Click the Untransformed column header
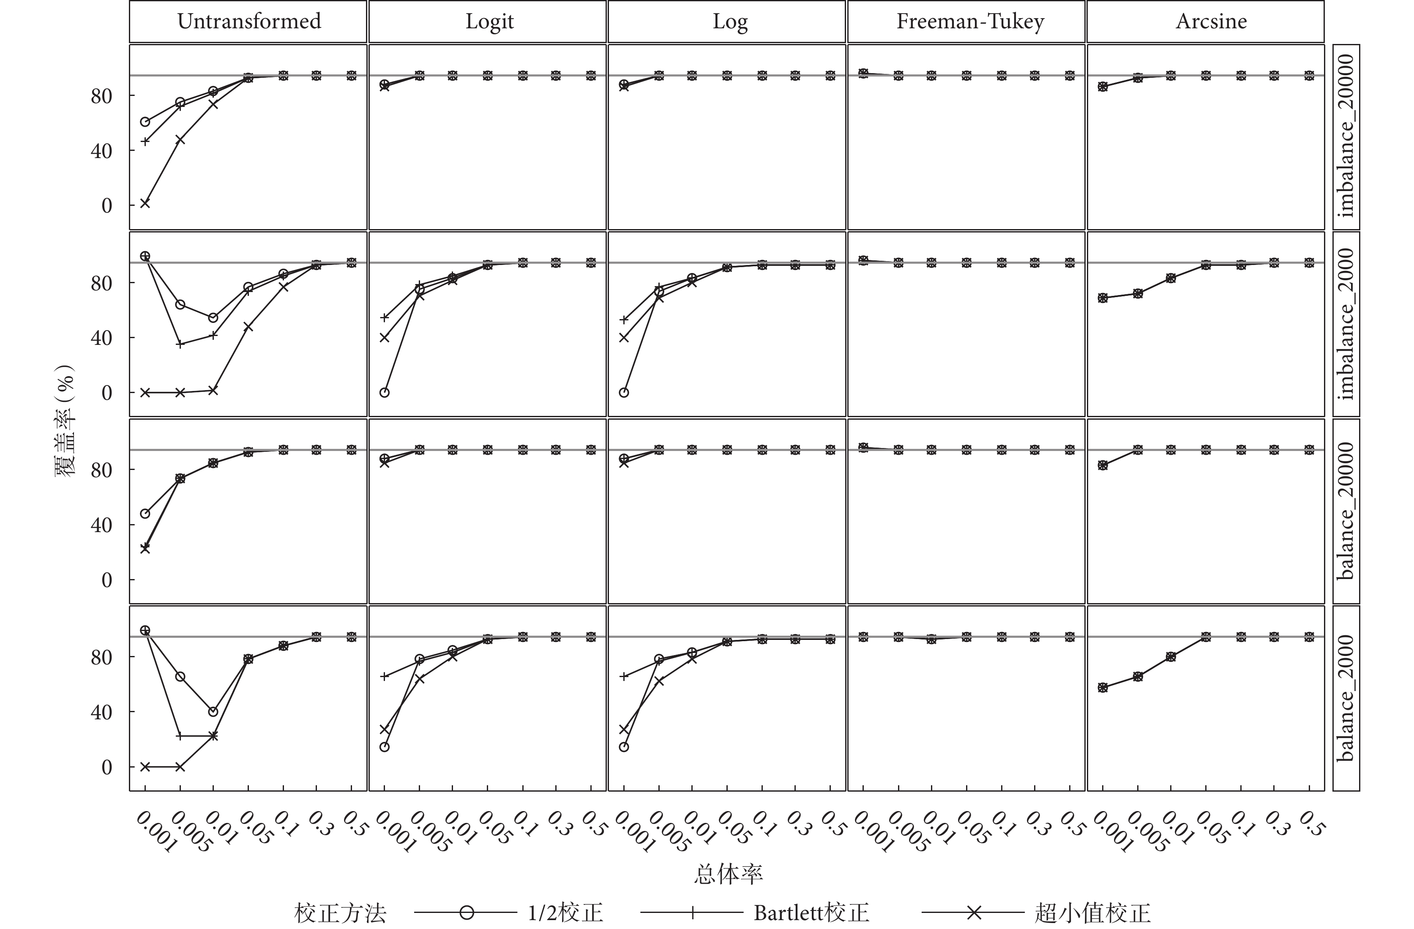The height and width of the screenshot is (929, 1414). coord(248,22)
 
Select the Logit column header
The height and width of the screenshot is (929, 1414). coord(489,22)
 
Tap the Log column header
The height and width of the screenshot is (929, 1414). coord(729,22)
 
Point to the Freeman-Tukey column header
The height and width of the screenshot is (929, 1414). coord(969,22)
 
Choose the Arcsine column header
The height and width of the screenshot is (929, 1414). coord(1211,22)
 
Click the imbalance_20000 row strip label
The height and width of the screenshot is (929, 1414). coord(1346,136)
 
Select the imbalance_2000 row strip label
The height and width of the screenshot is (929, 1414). coord(1346,324)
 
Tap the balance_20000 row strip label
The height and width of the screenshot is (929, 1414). coord(1346,511)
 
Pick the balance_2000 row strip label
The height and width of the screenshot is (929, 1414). coord(1346,698)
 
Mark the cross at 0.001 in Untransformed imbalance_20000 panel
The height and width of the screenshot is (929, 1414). coord(145,203)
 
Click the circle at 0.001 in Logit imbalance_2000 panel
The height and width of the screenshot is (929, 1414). coord(385,392)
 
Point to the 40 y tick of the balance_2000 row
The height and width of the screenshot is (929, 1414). coord(101,712)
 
